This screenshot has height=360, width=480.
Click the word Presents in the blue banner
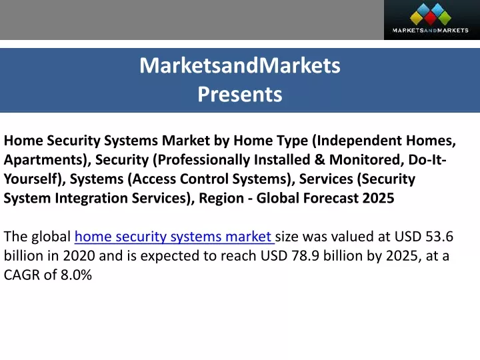pos(240,94)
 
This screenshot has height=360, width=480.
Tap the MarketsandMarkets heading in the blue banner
pos(240,65)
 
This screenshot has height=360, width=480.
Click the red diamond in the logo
pos(430,18)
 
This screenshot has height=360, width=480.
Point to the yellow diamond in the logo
pos(416,17)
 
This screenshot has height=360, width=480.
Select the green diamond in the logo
pos(444,17)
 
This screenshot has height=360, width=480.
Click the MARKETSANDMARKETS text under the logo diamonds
pos(430,30)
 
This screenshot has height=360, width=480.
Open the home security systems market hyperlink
pos(175,237)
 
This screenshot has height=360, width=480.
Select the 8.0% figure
pos(76,275)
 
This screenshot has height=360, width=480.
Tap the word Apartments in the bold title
pos(45,160)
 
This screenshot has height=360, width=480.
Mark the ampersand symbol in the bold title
pos(319,159)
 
